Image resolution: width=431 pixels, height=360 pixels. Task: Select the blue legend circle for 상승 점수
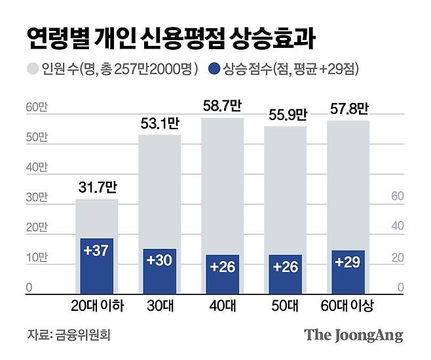(x=213, y=68)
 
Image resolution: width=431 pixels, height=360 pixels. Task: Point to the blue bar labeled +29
(x=347, y=271)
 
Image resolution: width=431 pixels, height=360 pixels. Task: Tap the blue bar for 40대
(x=222, y=273)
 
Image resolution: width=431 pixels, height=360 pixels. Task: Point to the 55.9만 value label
(x=285, y=115)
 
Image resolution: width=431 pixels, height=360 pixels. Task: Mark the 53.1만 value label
(x=159, y=124)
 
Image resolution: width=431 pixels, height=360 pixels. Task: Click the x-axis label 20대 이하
(x=96, y=306)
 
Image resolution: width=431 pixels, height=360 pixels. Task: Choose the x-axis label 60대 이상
(x=348, y=306)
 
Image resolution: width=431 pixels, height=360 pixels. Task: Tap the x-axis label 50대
(x=285, y=306)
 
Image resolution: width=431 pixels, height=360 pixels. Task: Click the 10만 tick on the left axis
(x=35, y=258)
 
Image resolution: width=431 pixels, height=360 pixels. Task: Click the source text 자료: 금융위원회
(x=69, y=335)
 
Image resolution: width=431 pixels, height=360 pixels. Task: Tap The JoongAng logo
(x=353, y=334)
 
